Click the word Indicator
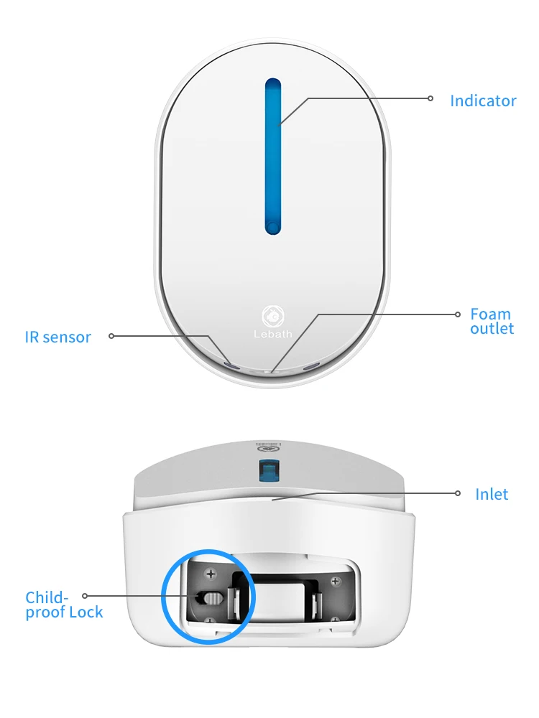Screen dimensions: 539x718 (483, 101)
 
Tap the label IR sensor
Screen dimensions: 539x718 (57, 337)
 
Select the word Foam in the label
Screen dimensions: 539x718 (491, 314)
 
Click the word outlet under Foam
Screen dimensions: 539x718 (492, 329)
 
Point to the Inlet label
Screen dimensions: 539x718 (492, 494)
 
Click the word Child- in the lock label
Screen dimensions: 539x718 (47, 597)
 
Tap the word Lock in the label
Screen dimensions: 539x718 (86, 612)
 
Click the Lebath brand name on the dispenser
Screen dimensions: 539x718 (273, 335)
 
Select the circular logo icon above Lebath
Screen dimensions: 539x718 (273, 315)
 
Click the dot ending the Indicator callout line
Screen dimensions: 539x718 (431, 98)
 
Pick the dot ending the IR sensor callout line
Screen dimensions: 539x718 (111, 335)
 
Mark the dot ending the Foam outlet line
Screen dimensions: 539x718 (458, 314)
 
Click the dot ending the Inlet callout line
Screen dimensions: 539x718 (458, 493)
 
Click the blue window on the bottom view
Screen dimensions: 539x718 (269, 469)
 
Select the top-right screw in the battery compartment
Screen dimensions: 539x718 (335, 580)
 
